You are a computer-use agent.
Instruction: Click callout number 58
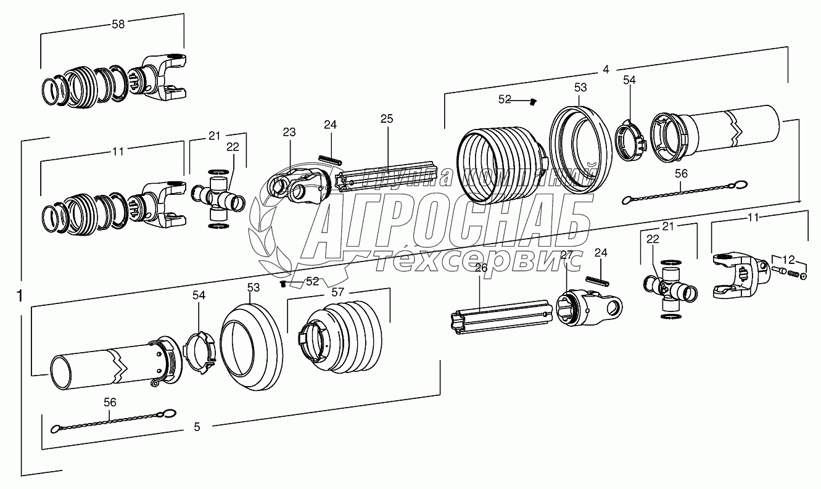click(x=118, y=25)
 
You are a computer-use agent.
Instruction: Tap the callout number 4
click(x=606, y=69)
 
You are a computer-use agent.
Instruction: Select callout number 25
click(x=387, y=118)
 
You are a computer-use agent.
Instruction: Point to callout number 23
click(x=289, y=132)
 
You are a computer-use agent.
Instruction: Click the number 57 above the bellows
click(x=337, y=292)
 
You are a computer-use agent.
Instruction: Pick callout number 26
click(x=481, y=268)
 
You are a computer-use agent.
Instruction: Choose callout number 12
click(x=788, y=260)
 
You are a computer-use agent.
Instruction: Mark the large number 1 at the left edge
click(x=20, y=295)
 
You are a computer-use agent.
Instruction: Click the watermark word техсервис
click(x=476, y=261)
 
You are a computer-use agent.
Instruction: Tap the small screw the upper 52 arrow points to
click(x=534, y=102)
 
